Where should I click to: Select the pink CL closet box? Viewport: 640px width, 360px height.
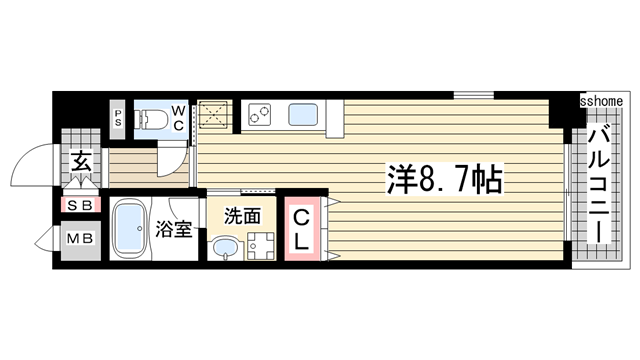pyautogui.click(x=299, y=230)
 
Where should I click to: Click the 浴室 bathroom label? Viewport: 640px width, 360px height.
pyautogui.click(x=173, y=230)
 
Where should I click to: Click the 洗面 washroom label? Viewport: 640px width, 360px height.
pyautogui.click(x=243, y=214)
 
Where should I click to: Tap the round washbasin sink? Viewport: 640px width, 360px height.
pyautogui.click(x=226, y=247)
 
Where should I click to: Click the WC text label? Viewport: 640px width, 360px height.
pyautogui.click(x=176, y=117)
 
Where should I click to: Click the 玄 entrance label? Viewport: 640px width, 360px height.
pyautogui.click(x=79, y=160)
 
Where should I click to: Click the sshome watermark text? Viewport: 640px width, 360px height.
pyautogui.click(x=602, y=101)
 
